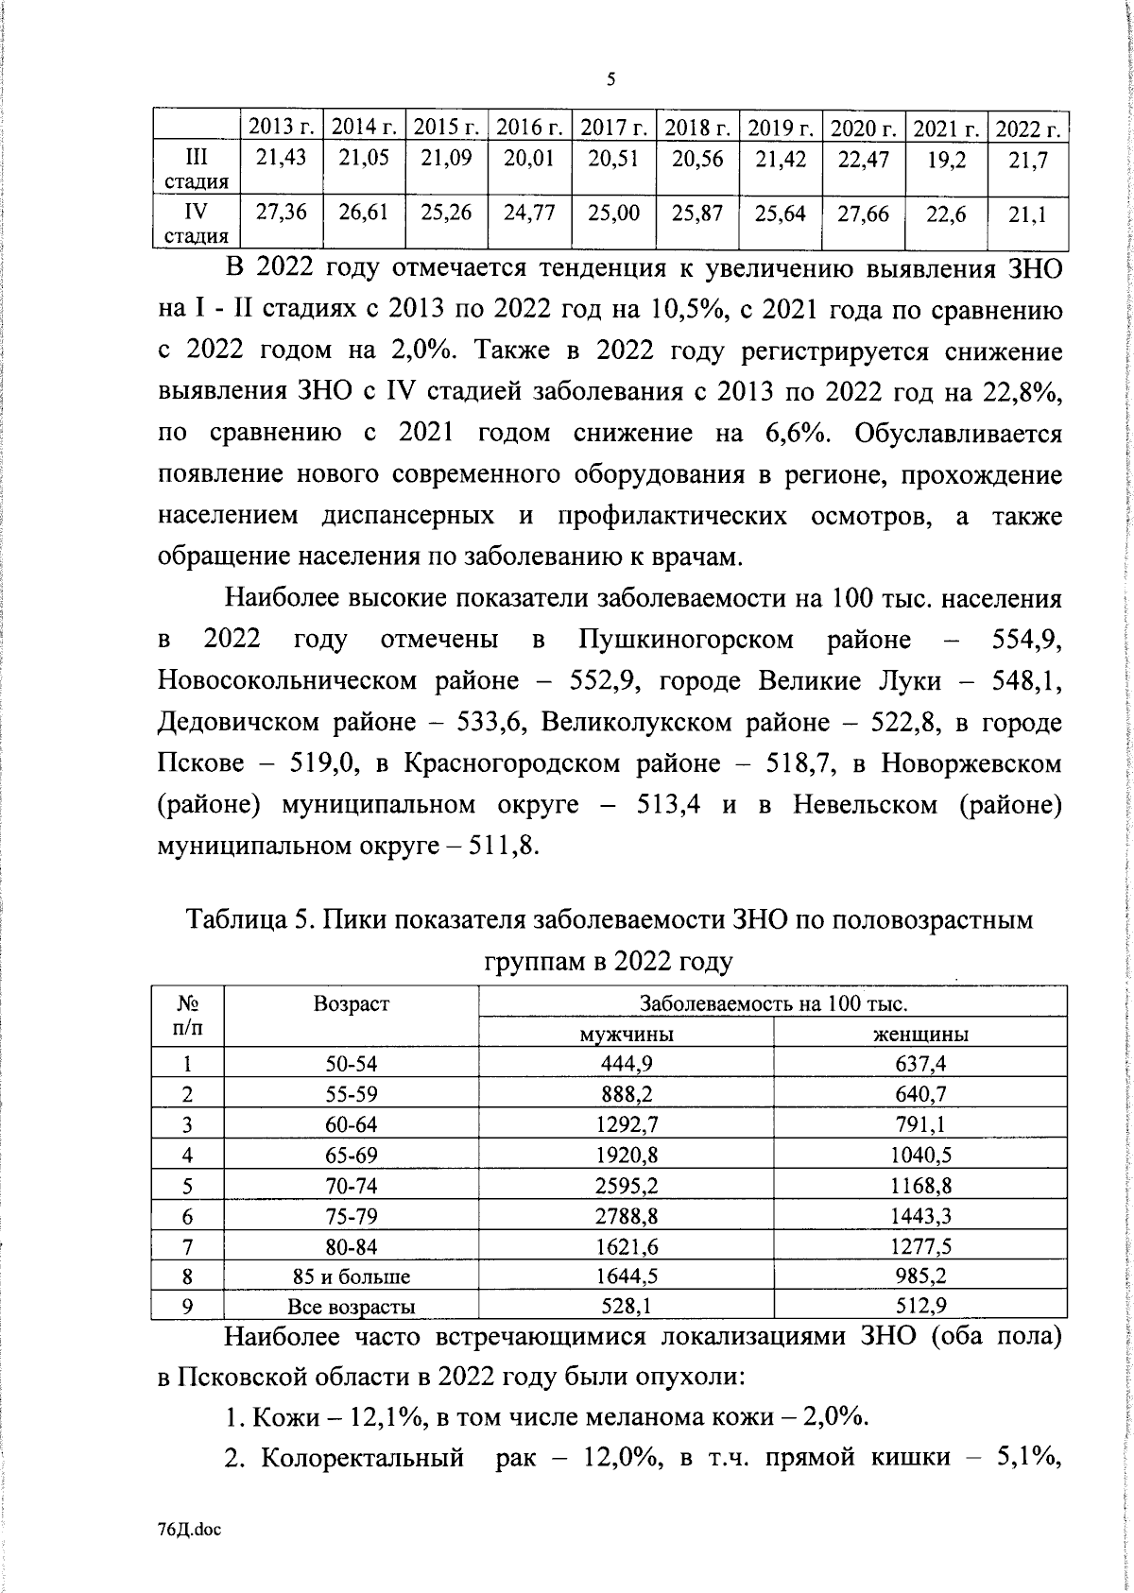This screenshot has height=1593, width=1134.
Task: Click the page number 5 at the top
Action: click(x=610, y=79)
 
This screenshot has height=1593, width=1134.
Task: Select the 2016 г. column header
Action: click(x=530, y=128)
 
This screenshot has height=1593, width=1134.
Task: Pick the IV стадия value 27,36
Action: click(x=282, y=214)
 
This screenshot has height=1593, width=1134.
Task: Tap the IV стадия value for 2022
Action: click(x=1027, y=215)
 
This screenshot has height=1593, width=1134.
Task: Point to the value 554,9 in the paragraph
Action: click(x=1026, y=640)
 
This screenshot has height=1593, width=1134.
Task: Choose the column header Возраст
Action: click(x=352, y=1003)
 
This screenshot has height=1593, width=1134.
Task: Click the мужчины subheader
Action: click(x=626, y=1034)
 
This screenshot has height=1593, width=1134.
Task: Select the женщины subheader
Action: click(x=920, y=1034)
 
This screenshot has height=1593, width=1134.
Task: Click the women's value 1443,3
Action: click(x=921, y=1216)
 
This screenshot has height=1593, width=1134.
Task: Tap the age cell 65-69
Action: click(x=352, y=1155)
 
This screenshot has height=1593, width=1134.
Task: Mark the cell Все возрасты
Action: click(x=352, y=1308)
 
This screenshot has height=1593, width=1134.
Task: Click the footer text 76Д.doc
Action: click(x=190, y=1531)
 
